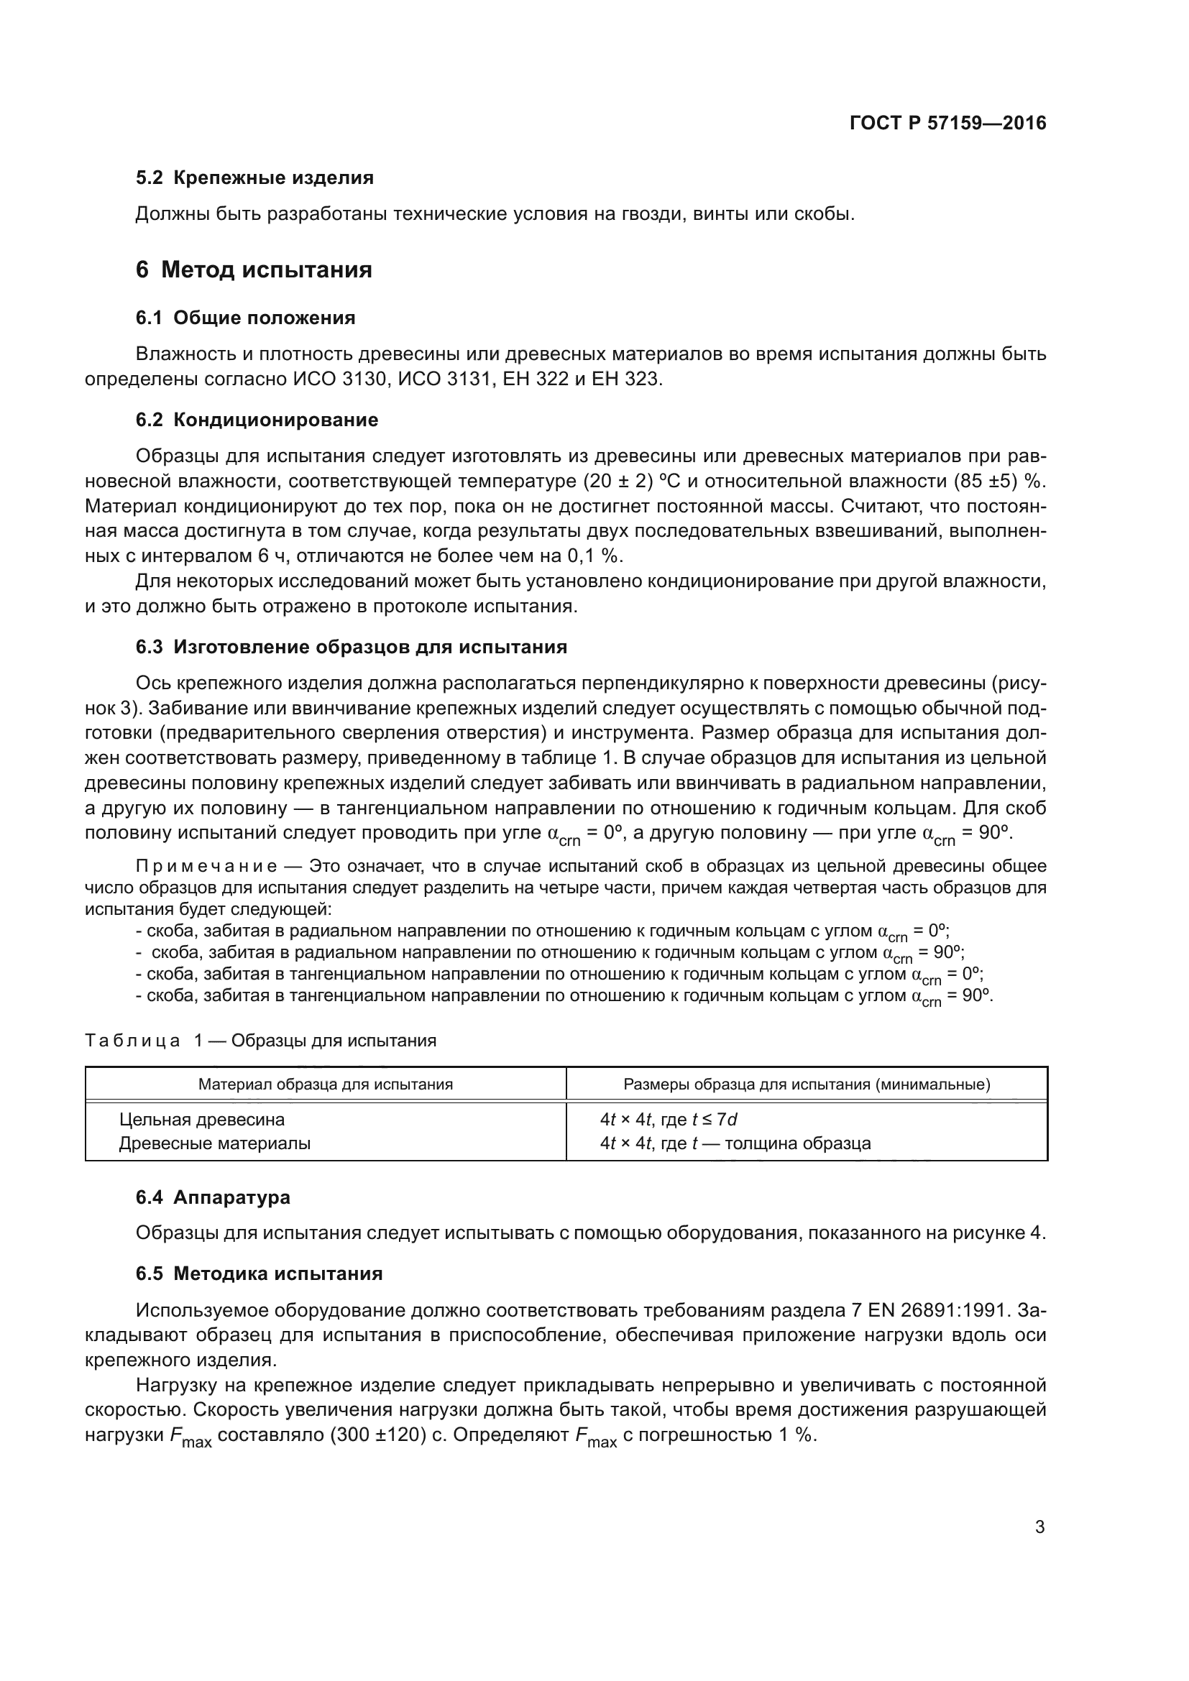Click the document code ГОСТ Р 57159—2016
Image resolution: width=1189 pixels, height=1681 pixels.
click(947, 123)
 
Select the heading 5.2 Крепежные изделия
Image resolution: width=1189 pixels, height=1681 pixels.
click(254, 178)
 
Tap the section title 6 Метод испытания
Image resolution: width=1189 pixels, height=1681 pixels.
click(253, 270)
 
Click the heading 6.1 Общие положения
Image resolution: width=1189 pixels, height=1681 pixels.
click(245, 318)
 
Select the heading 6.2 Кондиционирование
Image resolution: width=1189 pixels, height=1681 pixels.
click(257, 420)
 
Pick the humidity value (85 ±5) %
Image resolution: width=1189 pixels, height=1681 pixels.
click(1001, 481)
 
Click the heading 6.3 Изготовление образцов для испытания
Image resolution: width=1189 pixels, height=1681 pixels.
click(352, 647)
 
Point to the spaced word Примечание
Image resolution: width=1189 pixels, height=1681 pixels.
click(206, 866)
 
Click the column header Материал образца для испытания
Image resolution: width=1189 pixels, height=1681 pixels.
click(325, 1084)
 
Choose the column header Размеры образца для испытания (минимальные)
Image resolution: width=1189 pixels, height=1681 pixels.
click(807, 1084)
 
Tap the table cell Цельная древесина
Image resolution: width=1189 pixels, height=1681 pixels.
click(202, 1120)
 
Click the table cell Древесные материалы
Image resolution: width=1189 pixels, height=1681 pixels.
click(214, 1143)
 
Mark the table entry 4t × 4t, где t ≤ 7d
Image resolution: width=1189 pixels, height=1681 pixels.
click(669, 1120)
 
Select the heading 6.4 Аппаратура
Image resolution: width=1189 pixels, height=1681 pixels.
click(212, 1197)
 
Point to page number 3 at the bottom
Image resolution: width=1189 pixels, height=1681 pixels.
click(1039, 1527)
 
